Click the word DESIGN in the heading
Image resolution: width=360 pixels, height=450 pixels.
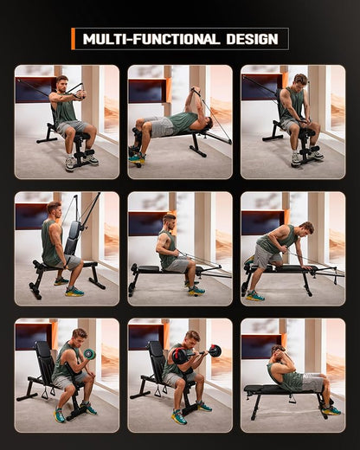click(x=253, y=39)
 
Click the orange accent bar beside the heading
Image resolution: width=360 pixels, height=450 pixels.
click(x=74, y=39)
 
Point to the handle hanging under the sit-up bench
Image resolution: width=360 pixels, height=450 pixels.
click(x=292, y=399)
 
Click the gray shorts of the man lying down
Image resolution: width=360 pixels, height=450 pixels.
click(x=162, y=127)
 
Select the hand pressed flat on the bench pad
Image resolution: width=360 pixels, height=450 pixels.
click(x=307, y=267)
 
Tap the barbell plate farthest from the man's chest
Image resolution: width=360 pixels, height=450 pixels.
click(x=215, y=350)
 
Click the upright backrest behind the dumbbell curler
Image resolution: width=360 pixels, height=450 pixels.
click(x=44, y=360)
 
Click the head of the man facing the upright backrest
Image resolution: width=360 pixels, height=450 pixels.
click(x=55, y=209)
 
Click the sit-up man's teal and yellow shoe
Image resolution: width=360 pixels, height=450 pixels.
click(x=331, y=410)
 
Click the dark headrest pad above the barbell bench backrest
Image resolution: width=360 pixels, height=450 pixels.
click(x=157, y=346)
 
